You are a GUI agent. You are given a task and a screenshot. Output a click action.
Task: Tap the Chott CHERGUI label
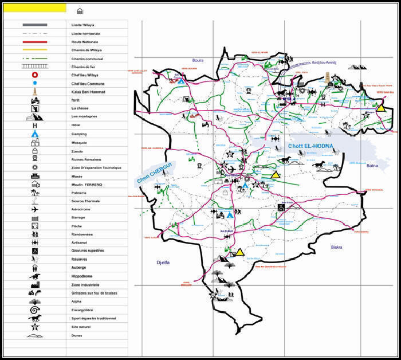click(155, 173)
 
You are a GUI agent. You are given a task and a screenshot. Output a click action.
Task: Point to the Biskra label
click(336, 247)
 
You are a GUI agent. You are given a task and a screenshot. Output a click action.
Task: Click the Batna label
click(372, 166)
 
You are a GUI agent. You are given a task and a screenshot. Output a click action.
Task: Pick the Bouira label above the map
click(198, 60)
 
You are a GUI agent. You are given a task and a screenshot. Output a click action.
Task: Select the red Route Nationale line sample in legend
click(35, 42)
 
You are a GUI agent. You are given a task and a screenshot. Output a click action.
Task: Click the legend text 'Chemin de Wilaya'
click(85, 50)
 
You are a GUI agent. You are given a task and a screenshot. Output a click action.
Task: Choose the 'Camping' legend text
click(79, 134)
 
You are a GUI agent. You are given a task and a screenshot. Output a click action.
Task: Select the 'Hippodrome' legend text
click(83, 276)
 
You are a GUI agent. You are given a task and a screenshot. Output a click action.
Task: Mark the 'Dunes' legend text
click(77, 335)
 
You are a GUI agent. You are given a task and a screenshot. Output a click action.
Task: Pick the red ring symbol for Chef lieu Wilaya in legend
click(35, 75)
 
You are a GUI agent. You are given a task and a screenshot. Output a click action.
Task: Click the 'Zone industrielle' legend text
click(85, 284)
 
